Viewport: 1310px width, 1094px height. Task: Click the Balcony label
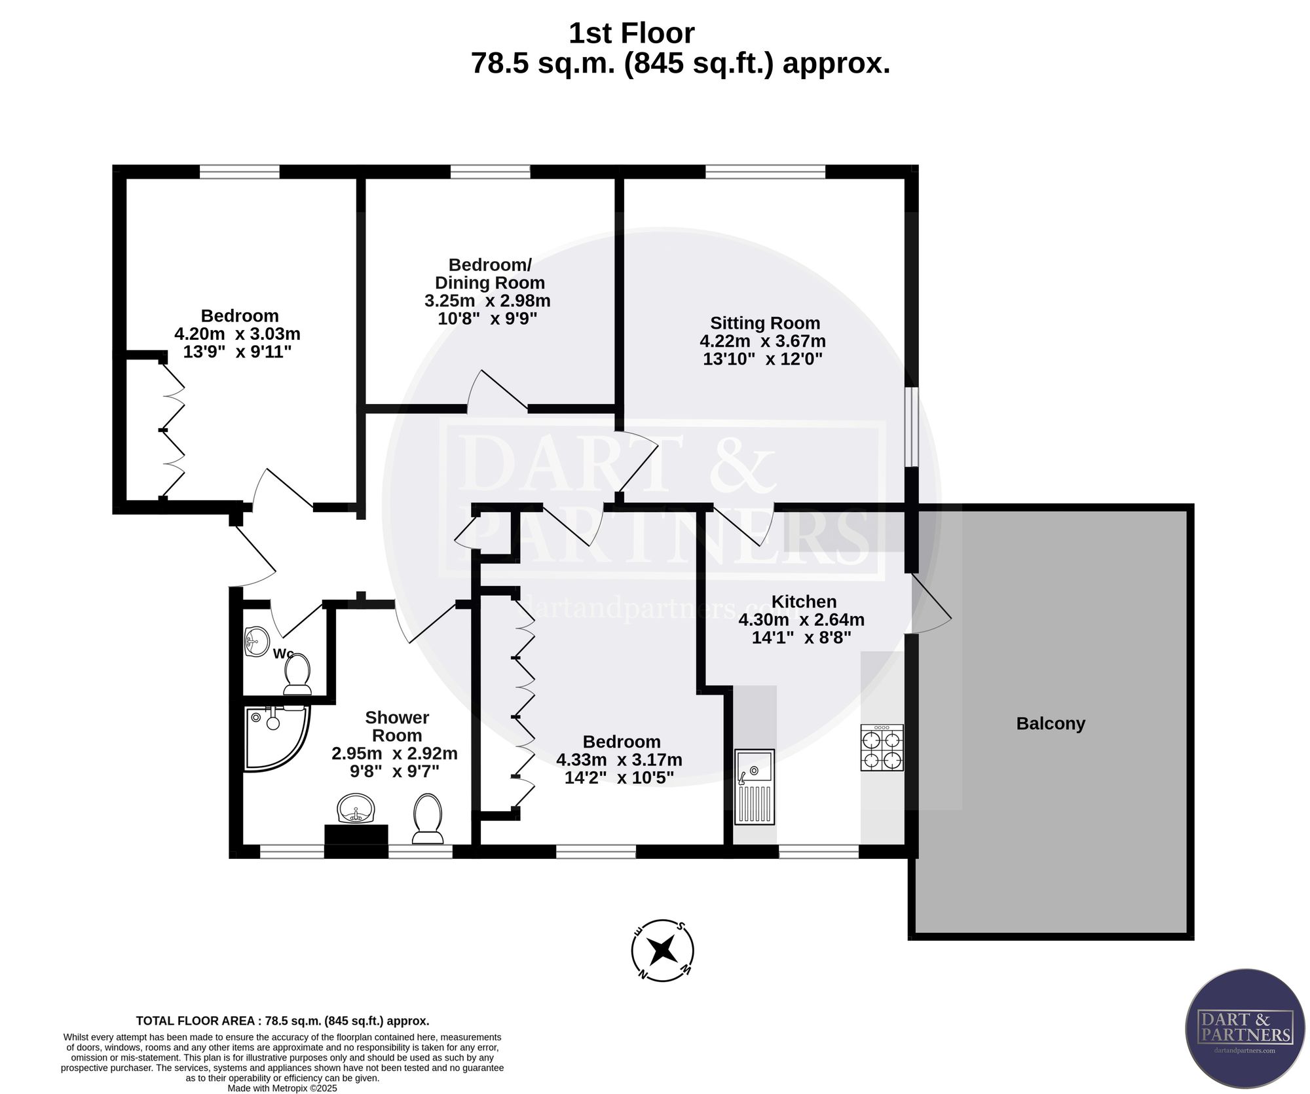1051,723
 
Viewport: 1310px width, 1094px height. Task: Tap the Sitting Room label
765,323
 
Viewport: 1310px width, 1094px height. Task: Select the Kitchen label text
804,602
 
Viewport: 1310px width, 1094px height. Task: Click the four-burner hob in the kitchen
882,747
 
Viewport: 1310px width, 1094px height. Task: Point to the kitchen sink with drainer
755,786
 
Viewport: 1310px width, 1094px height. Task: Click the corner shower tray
276,737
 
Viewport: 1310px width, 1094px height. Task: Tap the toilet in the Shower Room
428,818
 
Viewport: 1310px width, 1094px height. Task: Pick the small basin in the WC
257,640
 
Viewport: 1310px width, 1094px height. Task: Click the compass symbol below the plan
662,949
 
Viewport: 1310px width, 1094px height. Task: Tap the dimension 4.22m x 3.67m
762,341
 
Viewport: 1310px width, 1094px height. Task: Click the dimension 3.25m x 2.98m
487,301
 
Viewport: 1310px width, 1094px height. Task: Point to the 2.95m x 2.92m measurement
394,753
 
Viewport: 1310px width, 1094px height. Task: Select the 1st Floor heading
631,33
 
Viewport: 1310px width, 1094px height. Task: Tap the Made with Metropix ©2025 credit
282,1088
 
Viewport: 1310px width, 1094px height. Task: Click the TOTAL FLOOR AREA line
282,1021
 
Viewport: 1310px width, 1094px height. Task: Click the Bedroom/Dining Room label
490,274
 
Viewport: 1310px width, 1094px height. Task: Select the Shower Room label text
397,726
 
